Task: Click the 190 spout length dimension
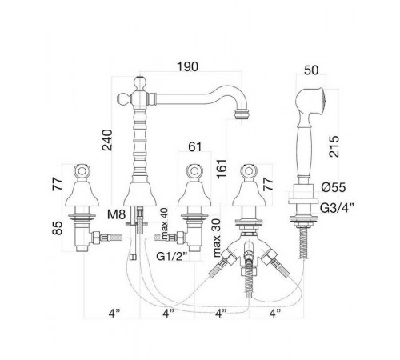point(188,66)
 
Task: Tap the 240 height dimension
point(107,140)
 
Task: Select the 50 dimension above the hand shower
point(311,70)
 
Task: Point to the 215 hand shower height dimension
point(334,146)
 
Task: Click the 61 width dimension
point(195,146)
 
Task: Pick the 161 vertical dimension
point(222,169)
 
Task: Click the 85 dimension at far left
point(57,228)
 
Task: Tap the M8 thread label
point(116,214)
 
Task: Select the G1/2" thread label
point(172,256)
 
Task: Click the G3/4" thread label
point(337,208)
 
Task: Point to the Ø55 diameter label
point(334,187)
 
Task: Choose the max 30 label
point(217,238)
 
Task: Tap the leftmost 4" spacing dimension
point(114,313)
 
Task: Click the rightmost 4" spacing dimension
point(275,313)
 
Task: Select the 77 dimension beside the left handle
point(57,183)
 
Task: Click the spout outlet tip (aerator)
point(242,114)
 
